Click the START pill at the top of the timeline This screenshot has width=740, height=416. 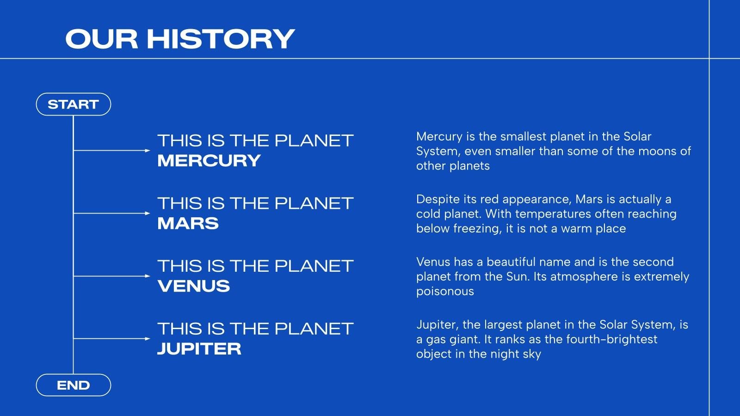tap(74, 104)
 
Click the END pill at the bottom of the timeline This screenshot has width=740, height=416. tap(74, 385)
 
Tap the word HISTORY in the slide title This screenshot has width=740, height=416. tap(221, 39)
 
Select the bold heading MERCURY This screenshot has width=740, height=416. tap(209, 160)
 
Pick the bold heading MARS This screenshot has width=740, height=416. tap(188, 223)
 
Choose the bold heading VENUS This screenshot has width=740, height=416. tap(194, 286)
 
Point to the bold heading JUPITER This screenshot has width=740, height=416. tap(199, 349)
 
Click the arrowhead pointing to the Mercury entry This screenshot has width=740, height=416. tap(148, 151)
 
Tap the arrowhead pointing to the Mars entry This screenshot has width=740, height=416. tap(148, 213)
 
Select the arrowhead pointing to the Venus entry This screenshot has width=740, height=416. tap(148, 276)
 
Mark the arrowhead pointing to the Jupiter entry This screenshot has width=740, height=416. tap(148, 339)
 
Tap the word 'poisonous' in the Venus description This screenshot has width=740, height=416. tap(445, 292)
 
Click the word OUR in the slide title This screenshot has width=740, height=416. tap(102, 39)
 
